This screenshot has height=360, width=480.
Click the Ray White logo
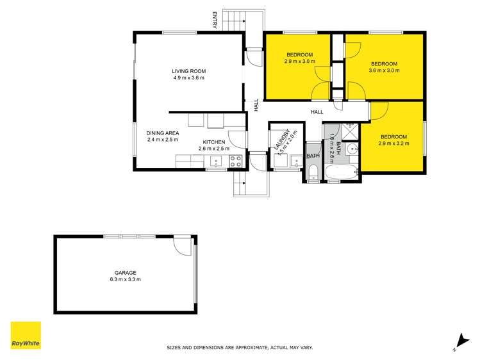click(26, 336)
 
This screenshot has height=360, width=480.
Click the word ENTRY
click(215, 20)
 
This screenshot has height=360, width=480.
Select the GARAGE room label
click(125, 273)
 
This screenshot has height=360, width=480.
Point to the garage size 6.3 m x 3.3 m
click(125, 280)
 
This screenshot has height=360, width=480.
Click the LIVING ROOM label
click(188, 71)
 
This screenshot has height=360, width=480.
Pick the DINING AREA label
click(162, 133)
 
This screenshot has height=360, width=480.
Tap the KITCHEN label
click(214, 142)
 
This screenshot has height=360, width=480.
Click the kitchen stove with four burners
click(235, 161)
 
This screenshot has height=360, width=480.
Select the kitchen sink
click(216, 161)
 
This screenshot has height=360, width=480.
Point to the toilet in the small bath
click(313, 171)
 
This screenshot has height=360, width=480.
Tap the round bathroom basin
click(351, 151)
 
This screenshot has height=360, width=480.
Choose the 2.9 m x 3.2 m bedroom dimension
click(393, 143)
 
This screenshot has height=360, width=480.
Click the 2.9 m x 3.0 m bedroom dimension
click(299, 61)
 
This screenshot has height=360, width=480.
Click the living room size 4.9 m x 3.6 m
click(188, 78)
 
